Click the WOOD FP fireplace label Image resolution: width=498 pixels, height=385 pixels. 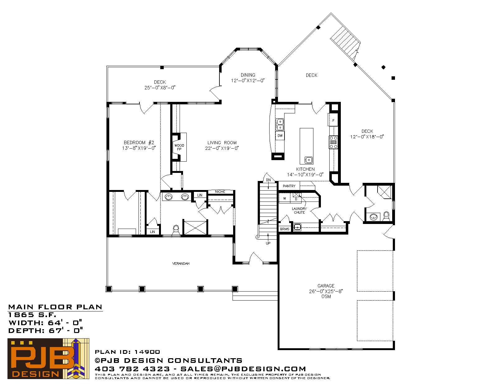click(x=179, y=147)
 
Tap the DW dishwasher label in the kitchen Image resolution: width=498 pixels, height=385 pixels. click(x=280, y=135)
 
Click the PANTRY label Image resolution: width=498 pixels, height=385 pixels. click(x=289, y=186)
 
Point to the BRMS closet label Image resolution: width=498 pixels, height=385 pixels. click(x=284, y=229)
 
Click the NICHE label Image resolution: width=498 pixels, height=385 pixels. click(x=220, y=192)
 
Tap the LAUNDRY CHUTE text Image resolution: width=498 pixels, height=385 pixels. click(x=299, y=211)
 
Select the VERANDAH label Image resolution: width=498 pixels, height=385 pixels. click(x=181, y=264)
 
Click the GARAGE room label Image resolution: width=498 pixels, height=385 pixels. click(x=326, y=286)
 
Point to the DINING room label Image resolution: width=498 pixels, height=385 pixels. click(x=248, y=75)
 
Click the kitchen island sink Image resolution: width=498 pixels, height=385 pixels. click(x=308, y=160)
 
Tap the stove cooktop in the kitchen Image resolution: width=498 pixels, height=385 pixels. click(x=333, y=142)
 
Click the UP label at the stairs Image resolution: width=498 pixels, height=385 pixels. click(x=268, y=243)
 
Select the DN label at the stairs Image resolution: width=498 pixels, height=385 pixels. click(x=268, y=180)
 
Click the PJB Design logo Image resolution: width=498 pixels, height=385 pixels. click(x=48, y=359)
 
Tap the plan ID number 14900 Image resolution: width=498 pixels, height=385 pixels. click(x=147, y=352)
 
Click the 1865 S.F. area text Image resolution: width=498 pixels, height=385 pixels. click(x=32, y=315)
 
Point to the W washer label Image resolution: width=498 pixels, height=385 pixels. click(x=284, y=198)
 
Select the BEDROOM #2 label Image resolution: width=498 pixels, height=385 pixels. click(x=139, y=143)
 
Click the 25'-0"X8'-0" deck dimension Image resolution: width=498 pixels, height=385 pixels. click(x=160, y=88)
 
